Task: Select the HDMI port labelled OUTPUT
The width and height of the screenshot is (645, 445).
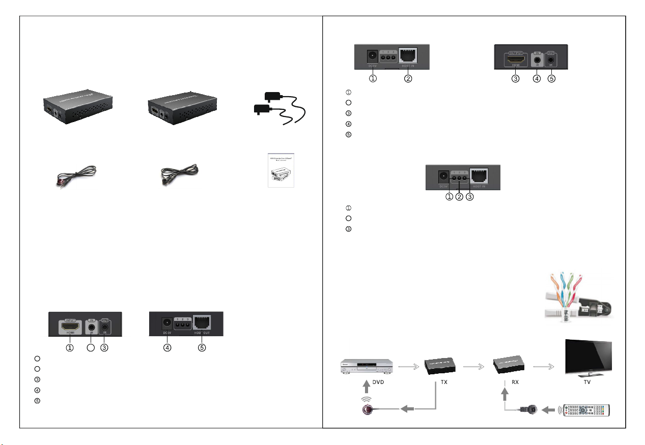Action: [x=516, y=60]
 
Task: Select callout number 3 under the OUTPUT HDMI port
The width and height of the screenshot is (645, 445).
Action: [x=516, y=79]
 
